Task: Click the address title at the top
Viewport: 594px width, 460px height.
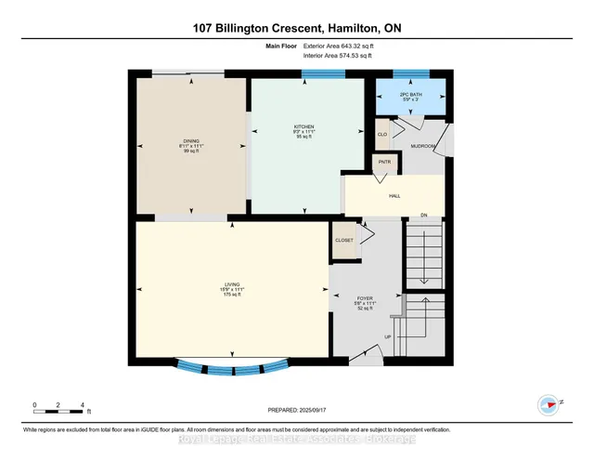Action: (x=297, y=28)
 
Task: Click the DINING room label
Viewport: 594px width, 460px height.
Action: (x=191, y=145)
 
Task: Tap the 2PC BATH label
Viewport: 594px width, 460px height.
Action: (x=411, y=96)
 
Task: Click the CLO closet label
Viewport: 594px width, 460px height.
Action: (x=381, y=133)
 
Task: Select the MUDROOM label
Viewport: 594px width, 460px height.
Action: (x=424, y=146)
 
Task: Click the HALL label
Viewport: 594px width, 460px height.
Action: (x=394, y=196)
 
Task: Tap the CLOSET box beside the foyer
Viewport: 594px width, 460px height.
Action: (x=343, y=240)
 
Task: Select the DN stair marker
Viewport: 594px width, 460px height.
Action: (x=422, y=216)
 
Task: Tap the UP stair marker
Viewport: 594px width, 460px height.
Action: (x=390, y=337)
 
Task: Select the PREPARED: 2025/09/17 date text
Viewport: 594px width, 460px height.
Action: (x=297, y=408)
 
